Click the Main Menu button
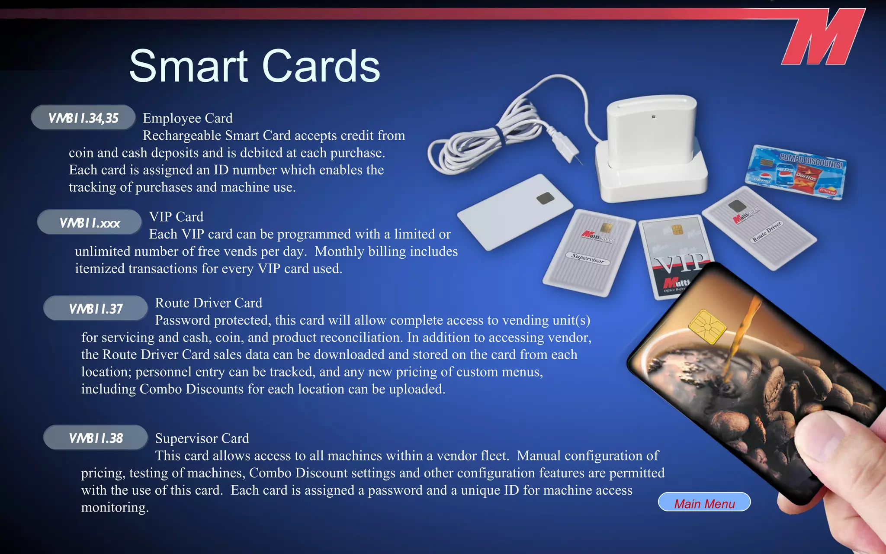(x=704, y=502)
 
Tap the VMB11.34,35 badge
(x=83, y=118)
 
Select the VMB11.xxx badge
(x=90, y=222)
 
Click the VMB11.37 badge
(x=96, y=308)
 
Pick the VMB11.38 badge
(x=96, y=438)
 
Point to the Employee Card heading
(x=188, y=118)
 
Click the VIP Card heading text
(x=176, y=217)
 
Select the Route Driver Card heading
(x=209, y=303)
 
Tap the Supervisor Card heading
(x=202, y=438)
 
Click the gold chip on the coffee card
(x=707, y=326)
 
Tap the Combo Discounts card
(x=796, y=172)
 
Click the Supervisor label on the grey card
(x=587, y=258)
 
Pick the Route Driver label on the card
(x=767, y=232)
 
